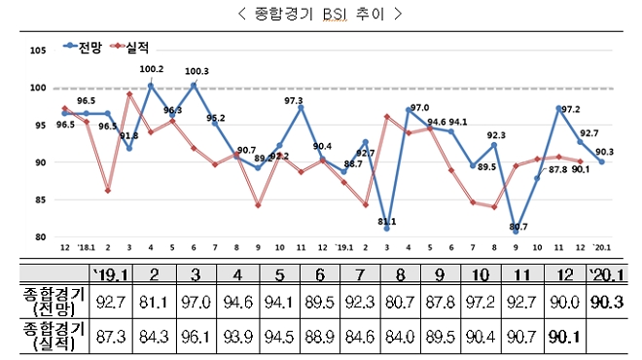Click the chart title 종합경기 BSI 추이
[x=320, y=14]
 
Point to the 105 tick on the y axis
[x=39, y=51]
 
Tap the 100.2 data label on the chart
[x=152, y=69]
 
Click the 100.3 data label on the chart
[x=196, y=70]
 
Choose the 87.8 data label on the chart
[x=558, y=169]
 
